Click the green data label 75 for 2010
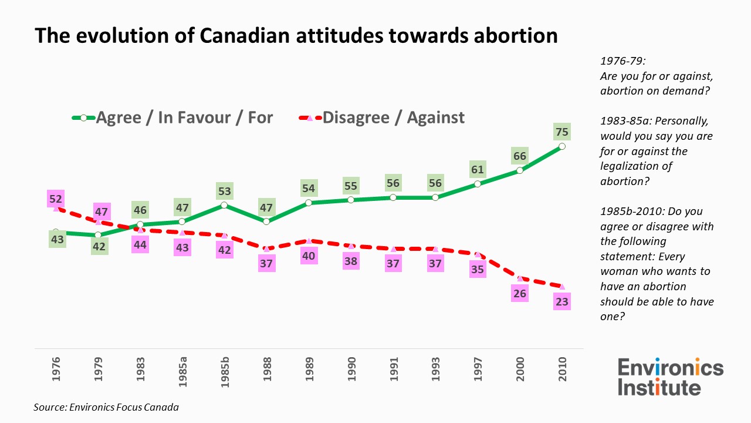[x=562, y=132]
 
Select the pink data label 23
[x=562, y=301]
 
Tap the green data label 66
[x=520, y=156]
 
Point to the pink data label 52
[x=56, y=199]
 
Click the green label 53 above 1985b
[x=225, y=191]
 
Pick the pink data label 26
[x=520, y=293]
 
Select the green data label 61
[x=478, y=170]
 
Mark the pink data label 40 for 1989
[x=309, y=256]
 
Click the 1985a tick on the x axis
[x=182, y=370]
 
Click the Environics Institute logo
[x=670, y=378]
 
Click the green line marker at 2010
[x=562, y=146]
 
